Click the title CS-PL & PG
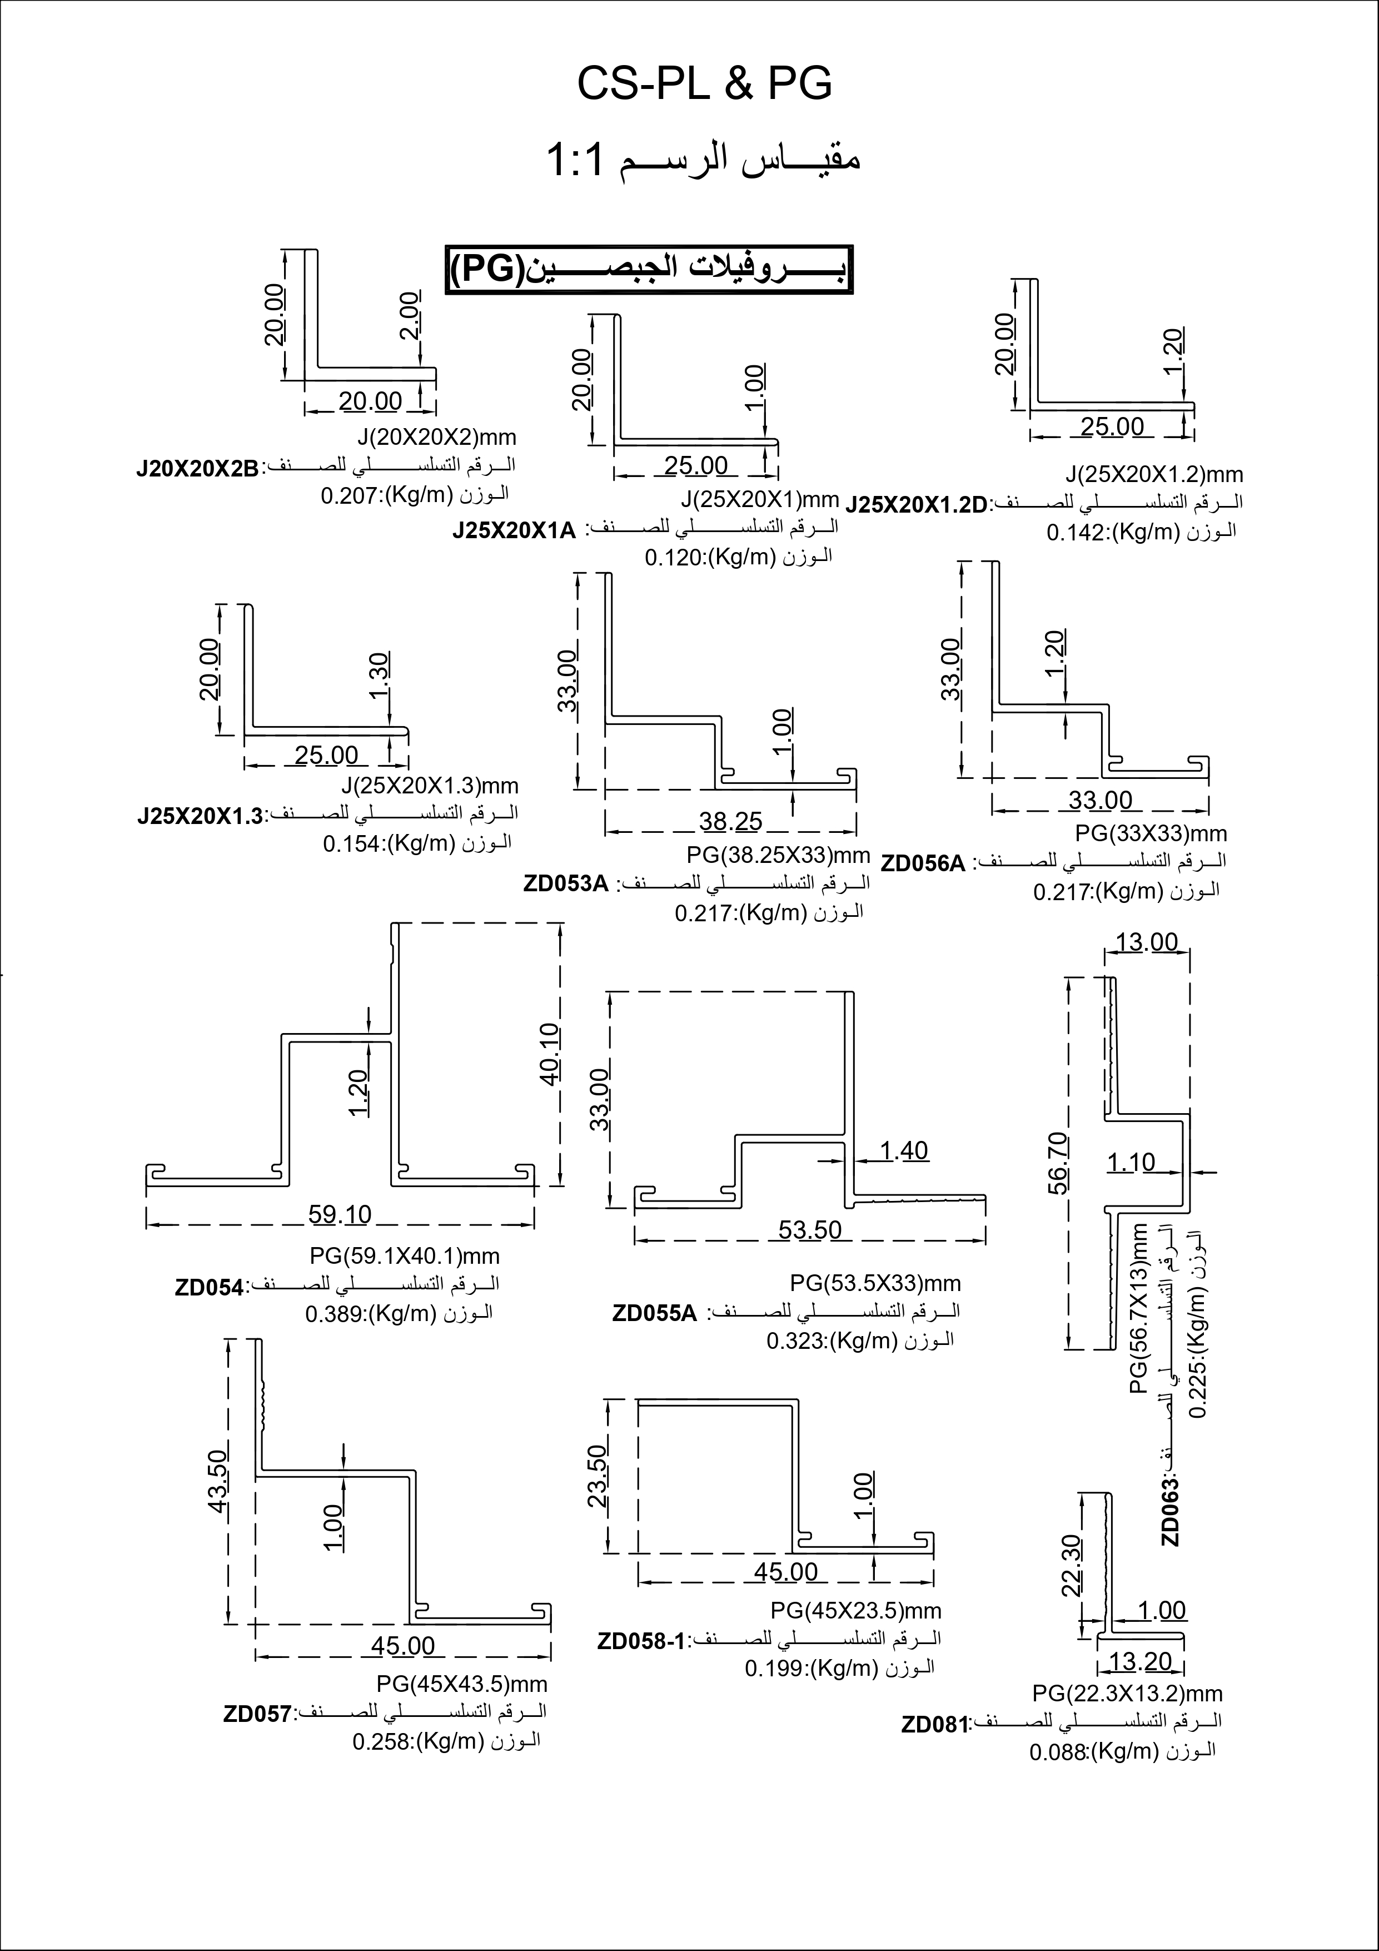pos(704,84)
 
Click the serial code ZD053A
pos(565,883)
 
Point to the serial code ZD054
pos(209,1287)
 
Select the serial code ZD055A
pos(654,1314)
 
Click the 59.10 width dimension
pos(340,1215)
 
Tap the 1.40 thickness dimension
pos(904,1151)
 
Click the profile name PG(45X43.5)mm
pos(461,1684)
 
